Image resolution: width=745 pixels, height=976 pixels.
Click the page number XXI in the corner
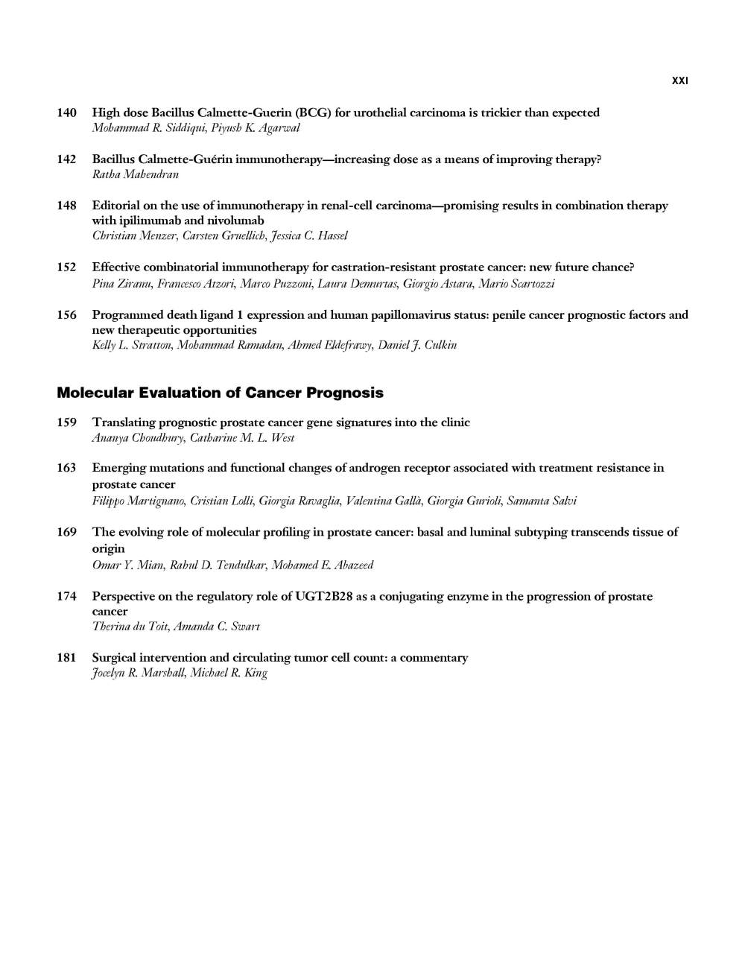coord(679,80)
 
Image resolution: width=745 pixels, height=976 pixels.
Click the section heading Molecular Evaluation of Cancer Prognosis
coord(220,393)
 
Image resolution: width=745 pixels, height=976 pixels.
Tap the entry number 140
coord(67,113)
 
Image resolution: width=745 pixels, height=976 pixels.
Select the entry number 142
coord(67,159)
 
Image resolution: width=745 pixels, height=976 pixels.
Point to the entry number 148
coord(67,206)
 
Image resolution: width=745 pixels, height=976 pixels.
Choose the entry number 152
coord(67,267)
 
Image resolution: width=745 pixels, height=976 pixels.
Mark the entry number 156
coord(67,315)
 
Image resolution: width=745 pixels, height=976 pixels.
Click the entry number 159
coord(67,422)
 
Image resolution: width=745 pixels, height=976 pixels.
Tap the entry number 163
coord(67,468)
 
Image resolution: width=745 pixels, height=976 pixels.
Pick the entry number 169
coord(67,532)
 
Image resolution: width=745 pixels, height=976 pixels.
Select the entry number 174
coord(67,596)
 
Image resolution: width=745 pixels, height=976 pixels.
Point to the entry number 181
coord(67,658)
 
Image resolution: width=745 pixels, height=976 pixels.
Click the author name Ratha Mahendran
coord(135,174)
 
